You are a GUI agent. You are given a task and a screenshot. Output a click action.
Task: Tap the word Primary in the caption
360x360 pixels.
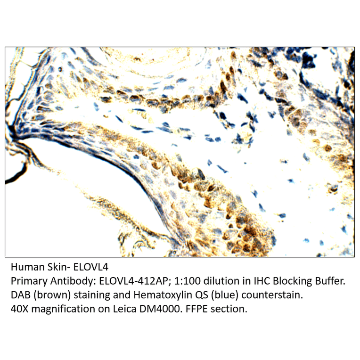(27, 282)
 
